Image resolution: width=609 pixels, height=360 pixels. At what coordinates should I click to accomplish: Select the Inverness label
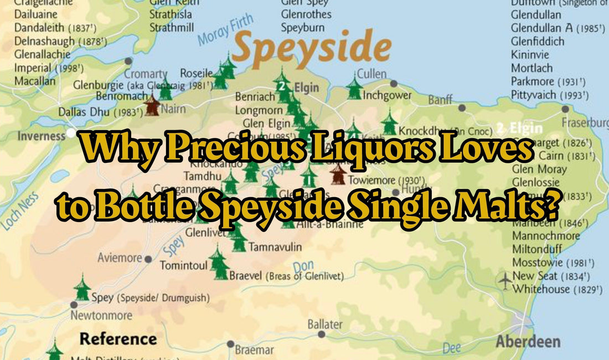(41, 136)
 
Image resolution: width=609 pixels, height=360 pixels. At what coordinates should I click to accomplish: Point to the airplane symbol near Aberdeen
(505, 281)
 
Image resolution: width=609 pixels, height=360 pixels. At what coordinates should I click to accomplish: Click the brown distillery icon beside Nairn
(152, 105)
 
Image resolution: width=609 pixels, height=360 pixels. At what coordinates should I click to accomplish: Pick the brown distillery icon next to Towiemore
(338, 175)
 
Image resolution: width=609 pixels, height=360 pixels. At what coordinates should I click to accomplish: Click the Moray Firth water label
(225, 30)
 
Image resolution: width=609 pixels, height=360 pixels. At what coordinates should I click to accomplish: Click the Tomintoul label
(183, 265)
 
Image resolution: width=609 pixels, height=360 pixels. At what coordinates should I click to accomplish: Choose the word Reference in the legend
(118, 338)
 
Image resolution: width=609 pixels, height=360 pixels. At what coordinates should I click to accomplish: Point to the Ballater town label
(325, 324)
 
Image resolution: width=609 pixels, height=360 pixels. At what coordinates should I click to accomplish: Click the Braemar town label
(254, 350)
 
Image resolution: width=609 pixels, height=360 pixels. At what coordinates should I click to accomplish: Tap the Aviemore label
(120, 258)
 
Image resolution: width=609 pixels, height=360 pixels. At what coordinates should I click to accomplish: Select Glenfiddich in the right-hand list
(538, 42)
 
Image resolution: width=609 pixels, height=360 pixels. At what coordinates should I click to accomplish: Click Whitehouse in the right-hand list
(541, 289)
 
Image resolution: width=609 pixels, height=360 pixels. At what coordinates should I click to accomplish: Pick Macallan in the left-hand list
(35, 81)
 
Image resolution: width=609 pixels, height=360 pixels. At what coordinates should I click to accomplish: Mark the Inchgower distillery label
(387, 95)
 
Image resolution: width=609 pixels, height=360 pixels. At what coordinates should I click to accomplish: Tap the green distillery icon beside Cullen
(354, 89)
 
